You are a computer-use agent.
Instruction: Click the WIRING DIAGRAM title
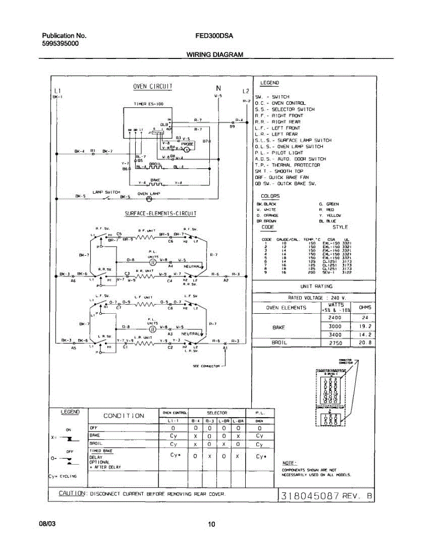tap(214, 54)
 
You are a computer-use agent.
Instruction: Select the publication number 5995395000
tap(60, 44)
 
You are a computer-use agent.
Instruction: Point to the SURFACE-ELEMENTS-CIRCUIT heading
tap(161, 213)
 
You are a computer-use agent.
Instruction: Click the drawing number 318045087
tap(310, 496)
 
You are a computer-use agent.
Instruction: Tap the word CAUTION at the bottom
tap(72, 493)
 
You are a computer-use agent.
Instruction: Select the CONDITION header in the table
tap(124, 416)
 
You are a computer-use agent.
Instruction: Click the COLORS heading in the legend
tap(270, 196)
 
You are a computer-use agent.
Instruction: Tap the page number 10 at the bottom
tap(212, 524)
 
